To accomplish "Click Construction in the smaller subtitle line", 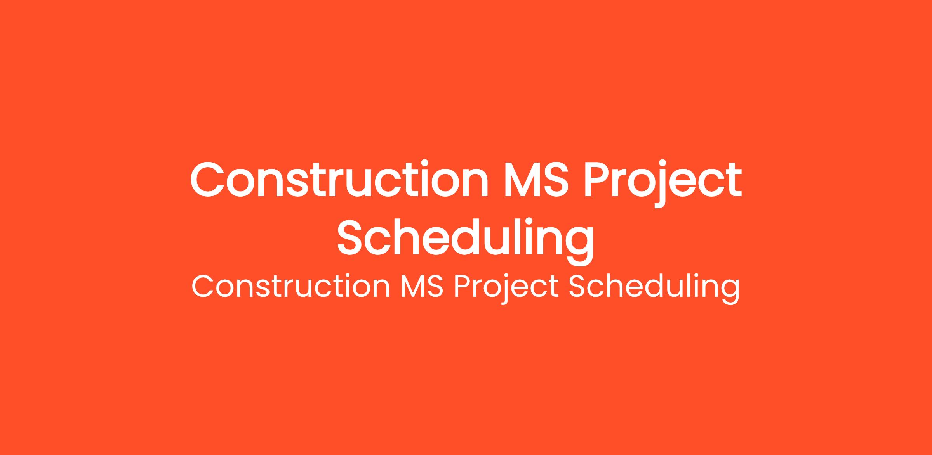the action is [x=291, y=287].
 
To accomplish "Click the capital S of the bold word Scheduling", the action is [x=352, y=237].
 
